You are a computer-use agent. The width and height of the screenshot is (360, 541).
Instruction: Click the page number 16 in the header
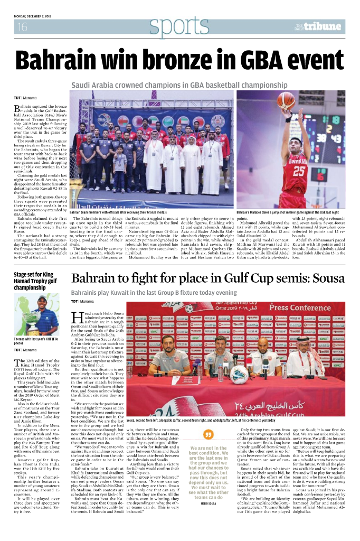(22, 27)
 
